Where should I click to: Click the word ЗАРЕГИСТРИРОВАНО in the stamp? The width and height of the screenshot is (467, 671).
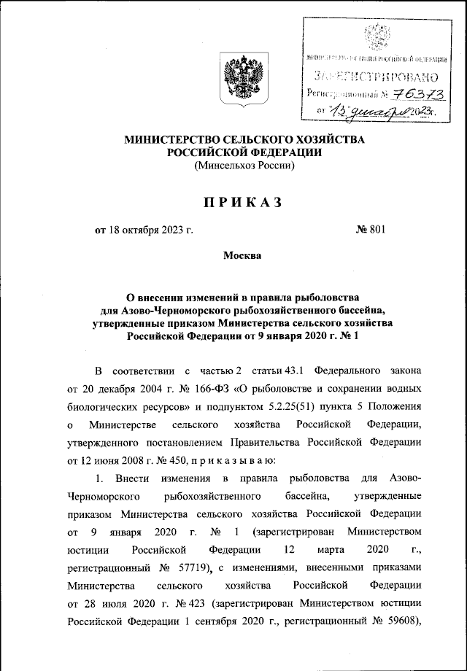(375, 76)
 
